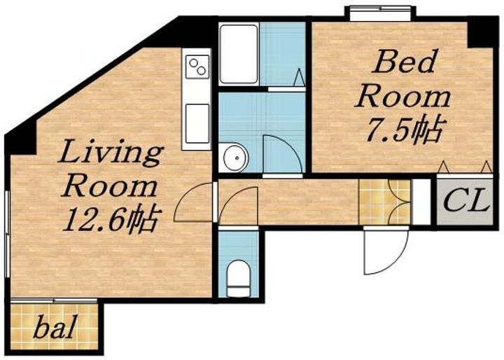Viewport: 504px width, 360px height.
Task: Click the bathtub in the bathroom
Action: (x=239, y=54)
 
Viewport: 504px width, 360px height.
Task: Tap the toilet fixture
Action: (x=238, y=278)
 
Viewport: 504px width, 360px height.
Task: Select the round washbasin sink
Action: (x=236, y=158)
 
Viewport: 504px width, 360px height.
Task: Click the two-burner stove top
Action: (x=197, y=67)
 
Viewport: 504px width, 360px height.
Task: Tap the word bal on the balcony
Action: (x=55, y=327)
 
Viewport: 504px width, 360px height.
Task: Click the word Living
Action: (x=110, y=153)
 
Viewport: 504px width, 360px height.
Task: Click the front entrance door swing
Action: (x=386, y=250)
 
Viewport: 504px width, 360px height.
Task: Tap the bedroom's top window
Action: (x=380, y=13)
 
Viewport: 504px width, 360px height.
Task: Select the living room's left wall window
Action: (x=7, y=234)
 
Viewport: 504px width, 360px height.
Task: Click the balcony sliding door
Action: (x=54, y=300)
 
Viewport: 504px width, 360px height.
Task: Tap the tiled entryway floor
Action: (x=384, y=202)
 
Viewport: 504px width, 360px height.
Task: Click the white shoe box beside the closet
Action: (x=421, y=202)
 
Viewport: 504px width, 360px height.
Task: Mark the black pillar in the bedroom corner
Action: (x=479, y=32)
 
